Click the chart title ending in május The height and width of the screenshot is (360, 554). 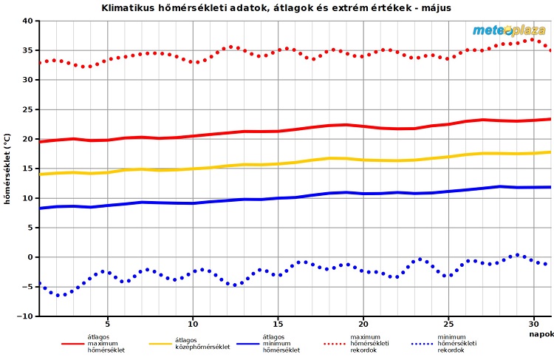tap(276, 7)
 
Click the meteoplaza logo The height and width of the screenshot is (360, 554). tap(509, 30)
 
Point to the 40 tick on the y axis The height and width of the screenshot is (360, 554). tap(27, 21)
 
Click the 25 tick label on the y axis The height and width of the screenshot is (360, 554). tap(27, 109)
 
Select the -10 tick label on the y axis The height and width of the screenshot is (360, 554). tap(24, 316)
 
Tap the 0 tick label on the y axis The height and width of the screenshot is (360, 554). tap(30, 257)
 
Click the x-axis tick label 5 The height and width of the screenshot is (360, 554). tap(108, 324)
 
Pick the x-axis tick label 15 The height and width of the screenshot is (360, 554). tap(278, 324)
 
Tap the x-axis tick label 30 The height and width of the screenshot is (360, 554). tap(533, 324)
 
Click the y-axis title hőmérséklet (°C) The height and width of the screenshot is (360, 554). tap(7, 169)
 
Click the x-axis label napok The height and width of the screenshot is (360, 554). tap(541, 334)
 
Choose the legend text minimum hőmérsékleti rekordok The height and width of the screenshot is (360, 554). tap(457, 343)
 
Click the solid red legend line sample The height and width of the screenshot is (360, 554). tap(72, 344)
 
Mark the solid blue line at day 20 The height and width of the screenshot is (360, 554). tap(363, 194)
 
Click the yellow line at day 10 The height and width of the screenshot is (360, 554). tap(194, 169)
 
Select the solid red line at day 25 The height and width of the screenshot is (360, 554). tap(448, 124)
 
